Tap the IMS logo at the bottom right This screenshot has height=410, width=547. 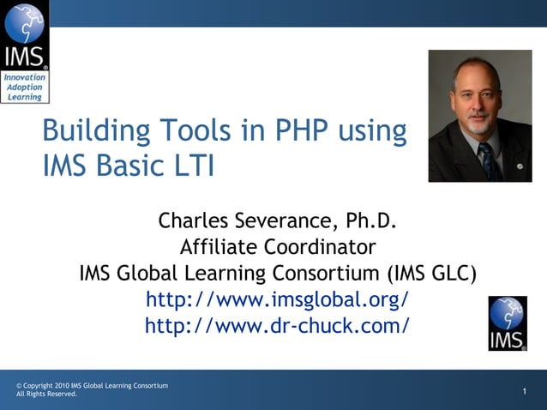tap(508, 323)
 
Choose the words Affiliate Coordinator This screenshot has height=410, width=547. tap(277, 248)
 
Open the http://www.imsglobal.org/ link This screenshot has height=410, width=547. tap(277, 300)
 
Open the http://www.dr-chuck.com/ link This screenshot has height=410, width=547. tap(277, 326)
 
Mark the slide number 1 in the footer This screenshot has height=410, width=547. tap(524, 392)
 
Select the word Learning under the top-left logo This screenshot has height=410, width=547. tap(24, 96)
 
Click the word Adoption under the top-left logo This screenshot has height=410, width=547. tap(24, 87)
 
